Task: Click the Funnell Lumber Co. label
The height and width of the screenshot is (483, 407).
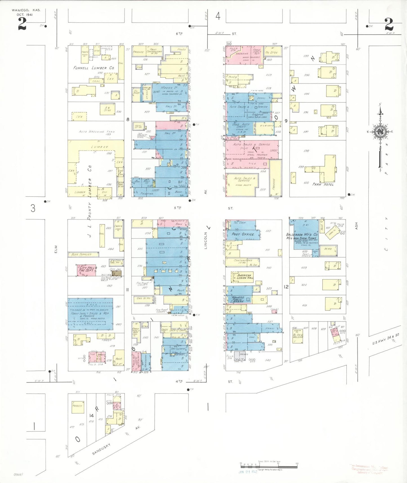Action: [x=94, y=68]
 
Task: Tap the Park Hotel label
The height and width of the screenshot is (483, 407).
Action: [x=323, y=184]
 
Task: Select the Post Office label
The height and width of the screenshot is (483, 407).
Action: [x=243, y=234]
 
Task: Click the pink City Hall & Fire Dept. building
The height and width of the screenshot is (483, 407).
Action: [x=86, y=270]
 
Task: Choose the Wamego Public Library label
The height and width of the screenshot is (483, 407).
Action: [x=237, y=299]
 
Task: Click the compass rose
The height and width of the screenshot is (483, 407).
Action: [x=380, y=132]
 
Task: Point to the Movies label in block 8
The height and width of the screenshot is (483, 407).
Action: [x=167, y=88]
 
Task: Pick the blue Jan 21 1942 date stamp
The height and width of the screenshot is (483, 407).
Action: [x=248, y=471]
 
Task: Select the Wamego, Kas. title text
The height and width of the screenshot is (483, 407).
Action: [x=26, y=10]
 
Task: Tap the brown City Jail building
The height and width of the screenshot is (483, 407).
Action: [x=117, y=273]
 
